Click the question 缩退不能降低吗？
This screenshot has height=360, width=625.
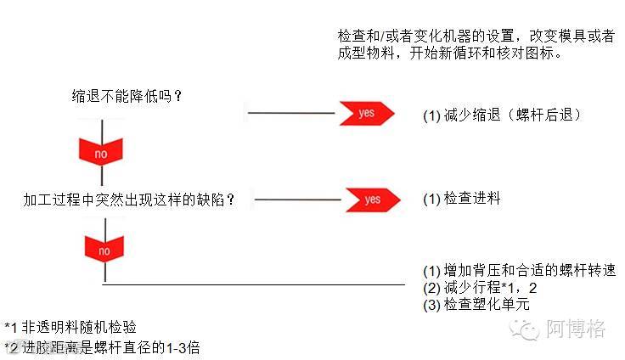(128, 96)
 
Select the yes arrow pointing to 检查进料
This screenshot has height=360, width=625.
(371, 200)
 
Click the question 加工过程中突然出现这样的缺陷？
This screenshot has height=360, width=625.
(130, 200)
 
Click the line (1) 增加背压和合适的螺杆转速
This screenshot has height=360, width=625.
(519, 271)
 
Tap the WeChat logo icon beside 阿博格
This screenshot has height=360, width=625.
(527, 328)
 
